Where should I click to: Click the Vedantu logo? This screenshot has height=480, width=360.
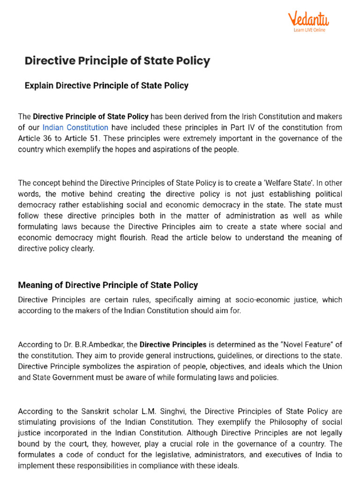308,20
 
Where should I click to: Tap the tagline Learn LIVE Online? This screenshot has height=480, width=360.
309,30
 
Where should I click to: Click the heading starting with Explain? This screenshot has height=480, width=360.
106,86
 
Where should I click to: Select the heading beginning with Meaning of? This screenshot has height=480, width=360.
108,285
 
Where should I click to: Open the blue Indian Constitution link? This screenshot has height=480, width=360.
75,127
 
